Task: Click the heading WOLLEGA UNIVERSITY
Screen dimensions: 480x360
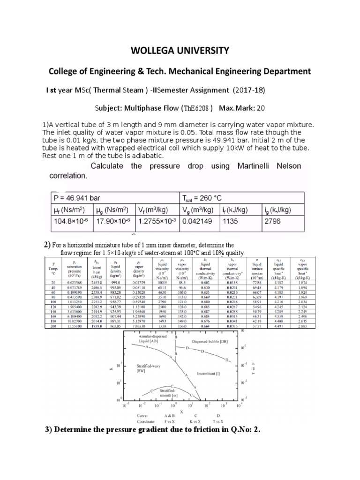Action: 180,51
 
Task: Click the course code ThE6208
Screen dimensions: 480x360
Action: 198,108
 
